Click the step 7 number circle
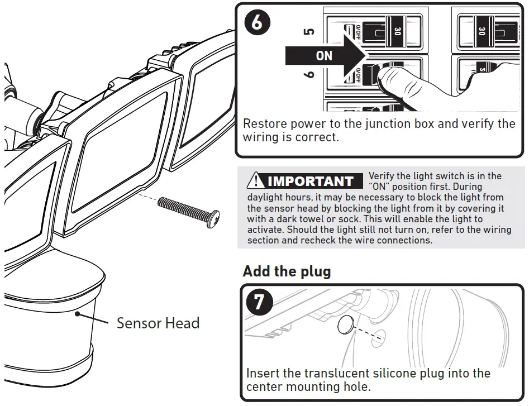point(259,302)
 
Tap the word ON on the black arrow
point(324,56)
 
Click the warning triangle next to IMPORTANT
point(256,181)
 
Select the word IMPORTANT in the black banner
point(310,181)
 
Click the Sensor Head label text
point(158,323)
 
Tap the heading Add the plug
point(287,272)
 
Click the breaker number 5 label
point(308,32)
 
